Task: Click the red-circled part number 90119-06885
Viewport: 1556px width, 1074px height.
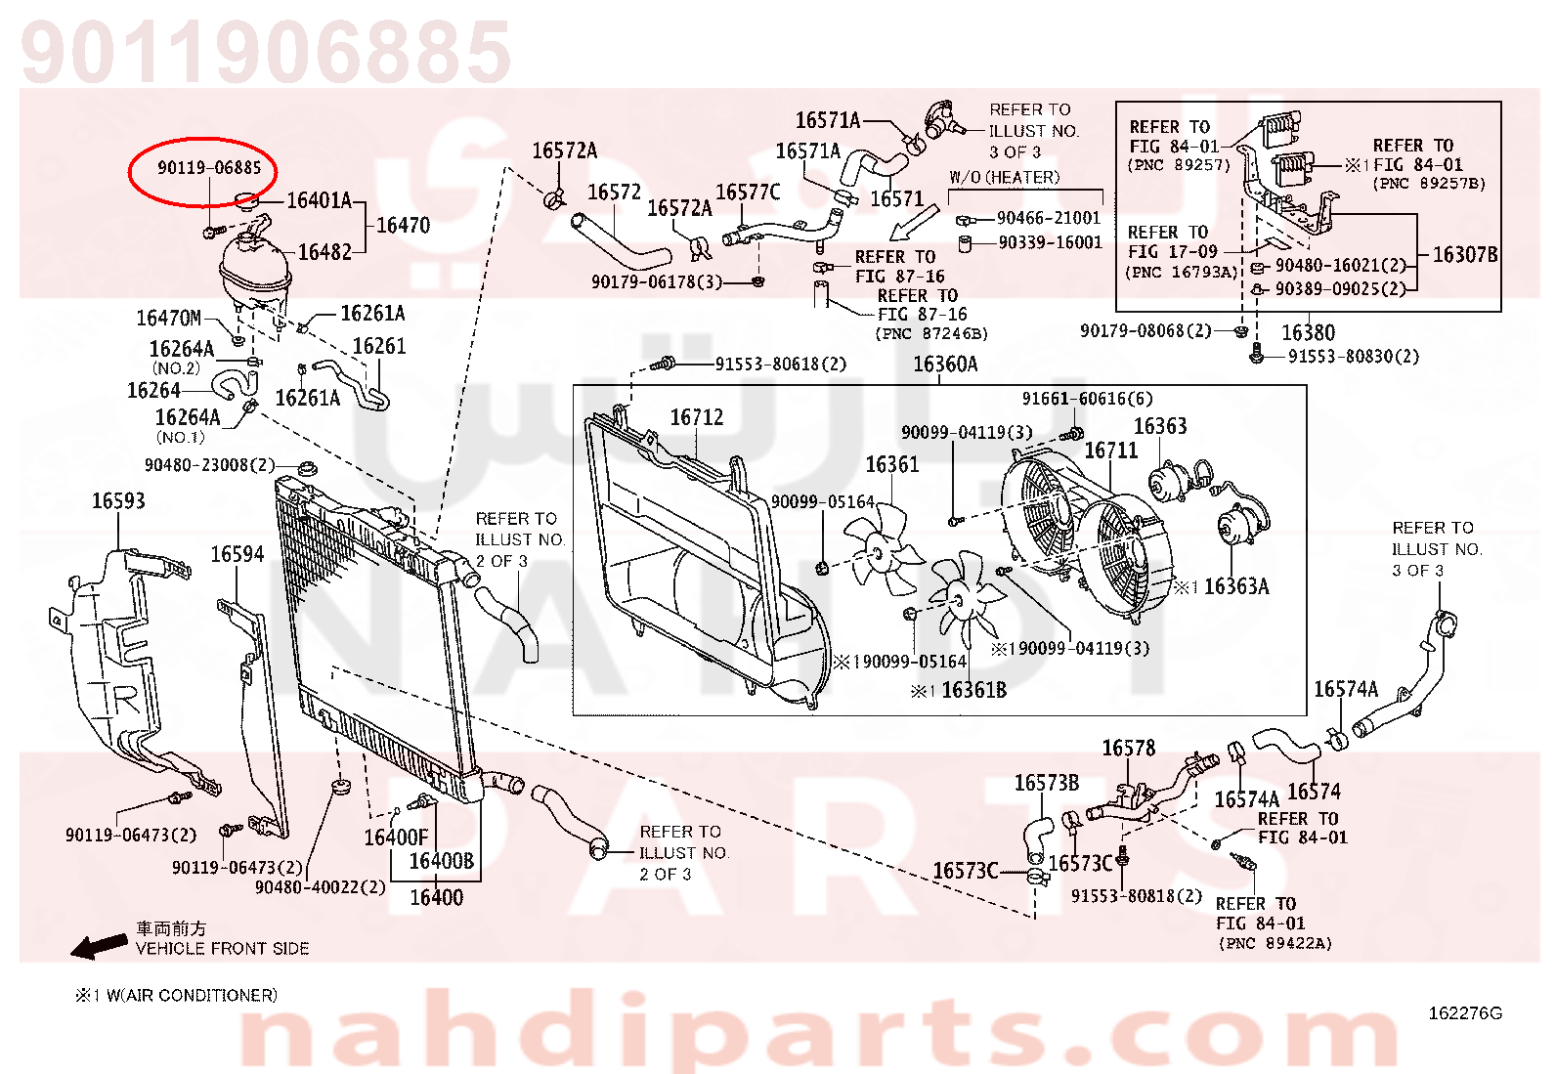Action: [x=209, y=167]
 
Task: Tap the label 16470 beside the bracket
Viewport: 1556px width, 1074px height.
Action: [x=403, y=225]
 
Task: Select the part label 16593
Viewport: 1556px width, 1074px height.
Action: [x=118, y=501]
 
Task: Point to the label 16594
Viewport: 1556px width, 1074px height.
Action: [x=238, y=554]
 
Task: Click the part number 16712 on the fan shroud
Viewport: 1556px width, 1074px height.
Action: [x=697, y=417]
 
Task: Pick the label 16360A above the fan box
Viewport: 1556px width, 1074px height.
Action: [x=945, y=364]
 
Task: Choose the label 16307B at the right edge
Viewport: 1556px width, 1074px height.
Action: [x=1465, y=255]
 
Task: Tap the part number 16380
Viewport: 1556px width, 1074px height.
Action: [x=1308, y=333]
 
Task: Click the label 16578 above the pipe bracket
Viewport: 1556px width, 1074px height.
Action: [x=1129, y=749]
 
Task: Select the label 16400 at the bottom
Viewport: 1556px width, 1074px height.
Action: [x=436, y=897]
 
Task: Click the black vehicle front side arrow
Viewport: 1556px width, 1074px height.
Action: [x=99, y=946]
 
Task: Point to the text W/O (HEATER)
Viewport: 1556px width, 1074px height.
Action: [x=1005, y=178]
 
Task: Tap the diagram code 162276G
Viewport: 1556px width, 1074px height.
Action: [x=1465, y=1013]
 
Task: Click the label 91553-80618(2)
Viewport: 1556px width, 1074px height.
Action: [x=781, y=364]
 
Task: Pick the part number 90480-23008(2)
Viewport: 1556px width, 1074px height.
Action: [x=210, y=465]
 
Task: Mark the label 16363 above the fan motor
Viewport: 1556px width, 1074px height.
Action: [x=1160, y=426]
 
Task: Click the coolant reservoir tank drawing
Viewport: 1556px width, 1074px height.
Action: [x=254, y=271]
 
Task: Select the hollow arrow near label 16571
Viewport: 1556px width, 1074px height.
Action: [x=914, y=223]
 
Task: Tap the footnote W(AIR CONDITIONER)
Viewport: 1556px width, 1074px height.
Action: [x=192, y=996]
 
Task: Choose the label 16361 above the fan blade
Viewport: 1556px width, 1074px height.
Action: [x=892, y=464]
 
